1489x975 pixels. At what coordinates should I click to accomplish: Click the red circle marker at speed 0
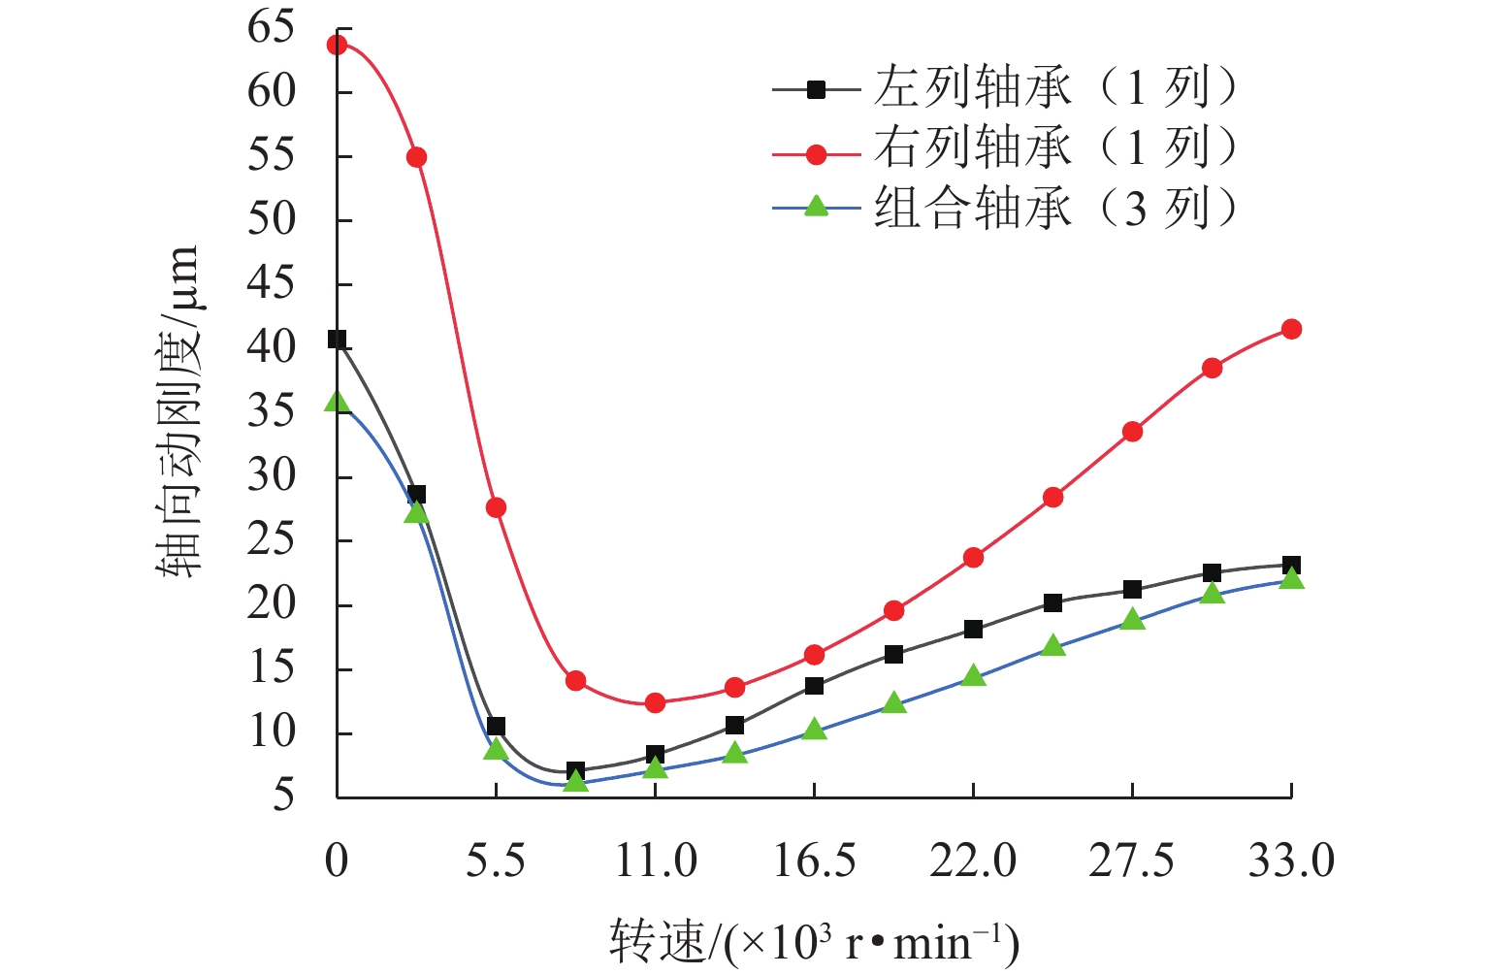click(337, 45)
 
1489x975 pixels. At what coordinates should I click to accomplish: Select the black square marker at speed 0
click(337, 340)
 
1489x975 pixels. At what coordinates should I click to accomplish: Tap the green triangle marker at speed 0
click(337, 402)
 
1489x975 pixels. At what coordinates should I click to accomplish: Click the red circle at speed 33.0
click(1291, 330)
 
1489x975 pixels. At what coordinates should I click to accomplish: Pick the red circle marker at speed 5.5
click(496, 507)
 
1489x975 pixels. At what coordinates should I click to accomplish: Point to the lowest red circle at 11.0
click(655, 703)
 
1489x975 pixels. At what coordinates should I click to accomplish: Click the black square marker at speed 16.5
click(814, 686)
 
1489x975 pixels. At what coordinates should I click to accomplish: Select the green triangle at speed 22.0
click(973, 676)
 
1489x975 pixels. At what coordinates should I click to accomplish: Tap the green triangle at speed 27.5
click(1132, 619)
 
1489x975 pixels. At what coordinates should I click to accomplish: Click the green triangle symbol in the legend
click(817, 206)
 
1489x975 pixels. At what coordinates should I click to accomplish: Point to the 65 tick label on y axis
click(271, 27)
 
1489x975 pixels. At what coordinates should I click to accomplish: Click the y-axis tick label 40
click(271, 347)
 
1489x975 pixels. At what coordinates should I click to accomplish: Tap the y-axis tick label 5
click(283, 796)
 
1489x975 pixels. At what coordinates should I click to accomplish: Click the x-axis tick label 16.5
click(814, 861)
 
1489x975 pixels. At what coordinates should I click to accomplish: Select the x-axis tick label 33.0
click(1291, 861)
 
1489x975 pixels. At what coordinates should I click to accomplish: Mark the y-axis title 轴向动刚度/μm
click(179, 412)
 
